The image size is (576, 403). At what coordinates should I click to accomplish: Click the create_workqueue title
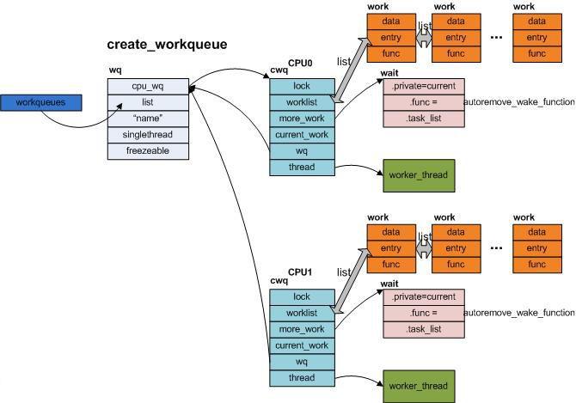pyautogui.click(x=167, y=45)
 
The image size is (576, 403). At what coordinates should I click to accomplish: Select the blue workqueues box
pyautogui.click(x=40, y=102)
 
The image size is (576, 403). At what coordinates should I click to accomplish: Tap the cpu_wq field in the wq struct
pyautogui.click(x=148, y=87)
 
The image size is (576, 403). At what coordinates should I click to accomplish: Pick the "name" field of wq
pyautogui.click(x=148, y=119)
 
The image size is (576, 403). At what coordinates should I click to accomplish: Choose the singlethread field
pyautogui.click(x=148, y=135)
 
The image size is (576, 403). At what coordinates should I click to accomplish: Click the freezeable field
pyautogui.click(x=148, y=151)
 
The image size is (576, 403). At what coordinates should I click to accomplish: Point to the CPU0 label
pyautogui.click(x=300, y=63)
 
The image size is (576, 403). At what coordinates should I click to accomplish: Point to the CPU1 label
pyautogui.click(x=300, y=272)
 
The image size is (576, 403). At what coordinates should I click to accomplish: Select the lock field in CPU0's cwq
pyautogui.click(x=302, y=87)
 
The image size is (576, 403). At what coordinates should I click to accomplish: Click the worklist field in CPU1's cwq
pyautogui.click(x=302, y=314)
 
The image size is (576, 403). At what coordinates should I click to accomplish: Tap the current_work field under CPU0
pyautogui.click(x=302, y=135)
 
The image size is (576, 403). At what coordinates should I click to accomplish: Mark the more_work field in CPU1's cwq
pyautogui.click(x=302, y=330)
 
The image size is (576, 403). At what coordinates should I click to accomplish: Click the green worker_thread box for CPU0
pyautogui.click(x=419, y=175)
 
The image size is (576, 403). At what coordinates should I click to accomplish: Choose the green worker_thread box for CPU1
pyautogui.click(x=419, y=386)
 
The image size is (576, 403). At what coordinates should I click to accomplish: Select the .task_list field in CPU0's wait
pyautogui.click(x=424, y=119)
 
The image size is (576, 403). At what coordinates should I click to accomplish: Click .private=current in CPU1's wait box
pyautogui.click(x=424, y=297)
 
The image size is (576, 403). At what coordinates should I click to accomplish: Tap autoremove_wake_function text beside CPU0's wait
pyautogui.click(x=519, y=102)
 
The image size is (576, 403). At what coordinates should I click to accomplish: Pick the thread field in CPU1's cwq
pyautogui.click(x=302, y=378)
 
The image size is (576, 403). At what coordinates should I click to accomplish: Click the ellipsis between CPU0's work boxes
pyautogui.click(x=496, y=37)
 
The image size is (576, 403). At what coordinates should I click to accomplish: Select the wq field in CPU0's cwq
pyautogui.click(x=302, y=151)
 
